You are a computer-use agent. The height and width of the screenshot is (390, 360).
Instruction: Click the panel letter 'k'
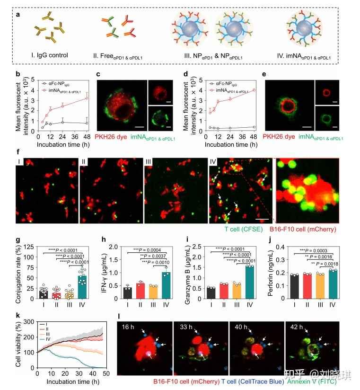[18, 315]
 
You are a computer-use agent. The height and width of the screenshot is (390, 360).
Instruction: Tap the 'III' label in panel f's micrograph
[148, 162]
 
